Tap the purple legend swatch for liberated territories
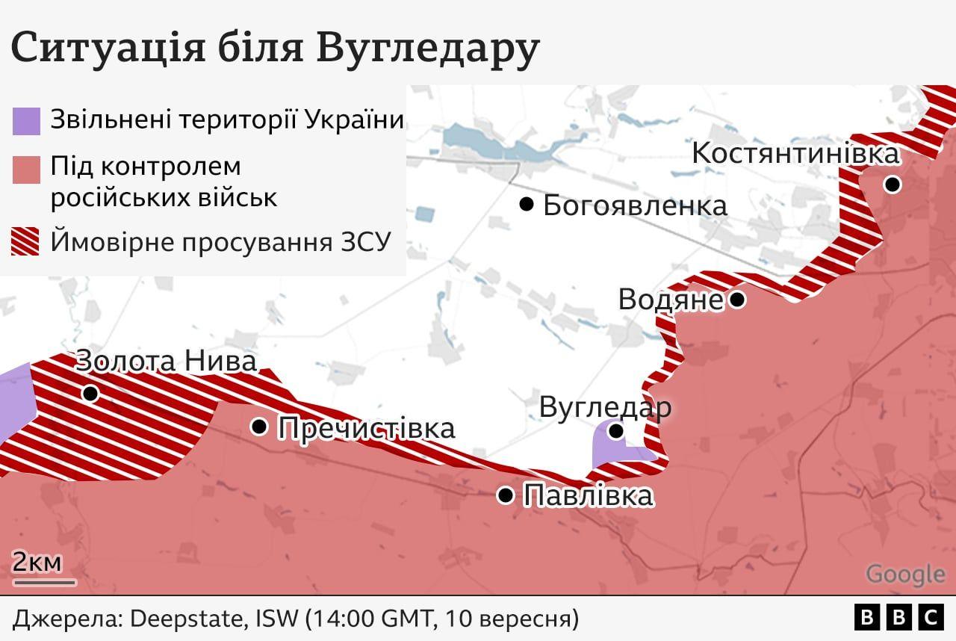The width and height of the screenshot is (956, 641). pyautogui.click(x=26, y=121)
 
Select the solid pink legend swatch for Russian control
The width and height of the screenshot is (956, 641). pyautogui.click(x=26, y=170)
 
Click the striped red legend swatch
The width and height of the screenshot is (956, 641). pyautogui.click(x=26, y=243)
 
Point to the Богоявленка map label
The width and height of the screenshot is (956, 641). pyautogui.click(x=635, y=205)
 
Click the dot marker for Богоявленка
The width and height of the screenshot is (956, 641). pyautogui.click(x=527, y=204)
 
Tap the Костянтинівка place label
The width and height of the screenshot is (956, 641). pyautogui.click(x=795, y=153)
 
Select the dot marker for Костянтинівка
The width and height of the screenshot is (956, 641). pyautogui.click(x=892, y=185)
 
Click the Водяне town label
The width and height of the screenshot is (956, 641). pyautogui.click(x=670, y=300)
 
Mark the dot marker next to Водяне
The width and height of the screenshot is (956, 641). pyautogui.click(x=737, y=300)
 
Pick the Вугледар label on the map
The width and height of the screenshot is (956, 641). pyautogui.click(x=605, y=408)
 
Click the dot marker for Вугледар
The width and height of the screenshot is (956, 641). pyautogui.click(x=616, y=431)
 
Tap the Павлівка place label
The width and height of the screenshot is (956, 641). pyautogui.click(x=589, y=495)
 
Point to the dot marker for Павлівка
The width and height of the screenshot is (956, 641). pyautogui.click(x=506, y=495)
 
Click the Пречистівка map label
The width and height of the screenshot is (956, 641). pyautogui.click(x=366, y=428)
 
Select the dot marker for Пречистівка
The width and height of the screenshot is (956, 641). pyautogui.click(x=259, y=427)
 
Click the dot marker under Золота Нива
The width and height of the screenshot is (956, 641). pyautogui.click(x=90, y=393)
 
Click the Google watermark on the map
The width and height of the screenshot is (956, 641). pyautogui.click(x=905, y=574)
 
